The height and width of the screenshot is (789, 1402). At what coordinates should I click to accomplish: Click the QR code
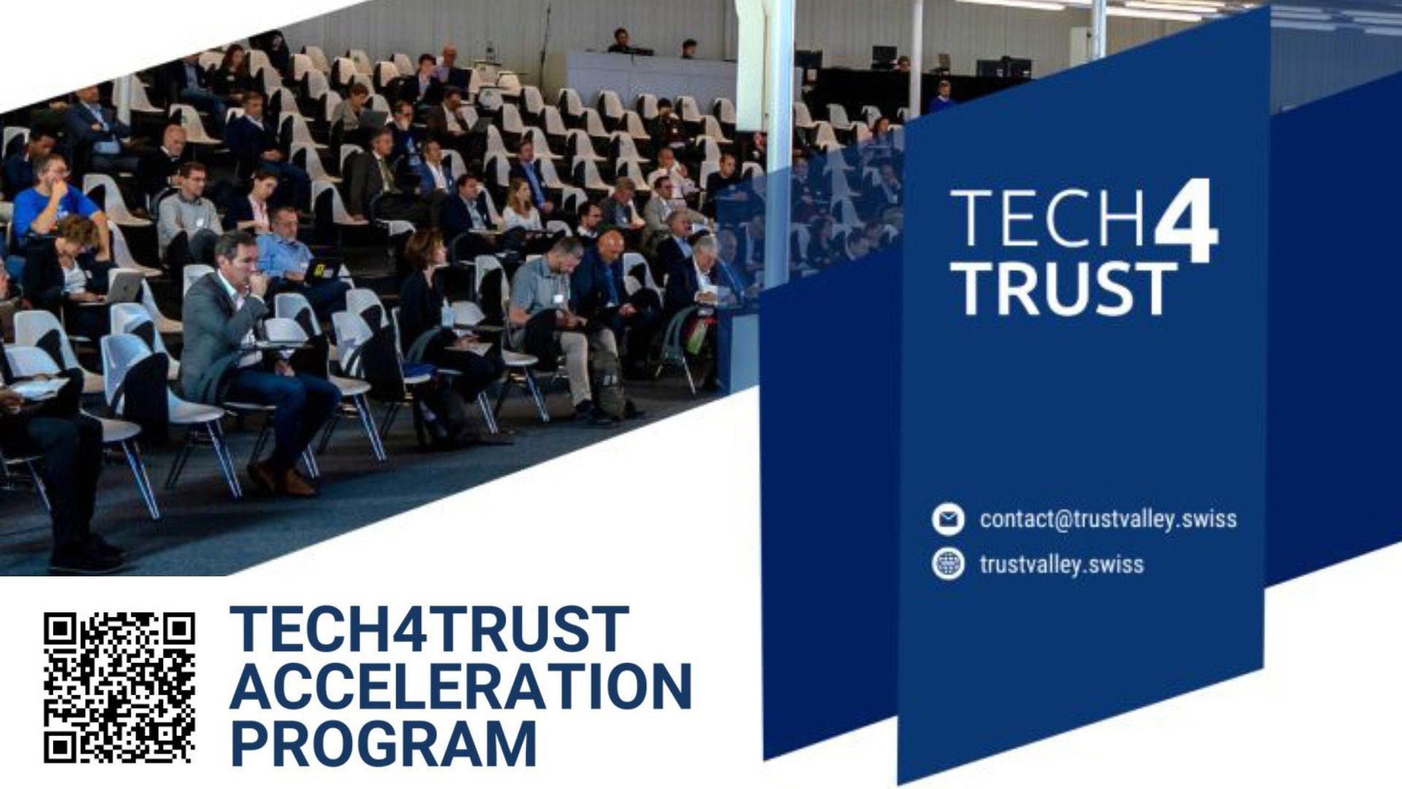pos(119,687)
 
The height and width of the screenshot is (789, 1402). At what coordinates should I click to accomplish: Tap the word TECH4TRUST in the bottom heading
pos(429,629)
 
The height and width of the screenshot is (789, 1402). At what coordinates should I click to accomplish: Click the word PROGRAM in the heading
pos(383,744)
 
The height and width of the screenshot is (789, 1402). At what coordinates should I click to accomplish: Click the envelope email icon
pos(948,519)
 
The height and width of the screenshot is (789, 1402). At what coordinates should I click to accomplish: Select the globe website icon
pos(948,564)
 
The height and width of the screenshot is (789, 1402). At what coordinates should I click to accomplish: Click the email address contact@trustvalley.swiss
pos(1108,519)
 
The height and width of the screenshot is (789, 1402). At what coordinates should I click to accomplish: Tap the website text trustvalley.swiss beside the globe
pos(1062,564)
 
